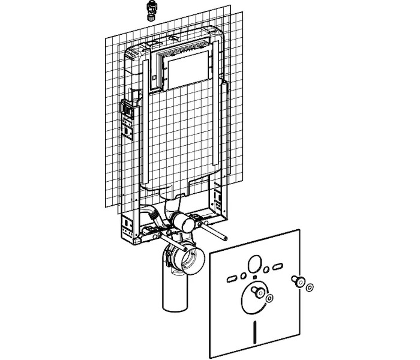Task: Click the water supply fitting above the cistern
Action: click(x=149, y=10)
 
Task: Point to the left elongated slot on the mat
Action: click(x=230, y=278)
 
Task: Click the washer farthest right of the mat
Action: click(x=309, y=288)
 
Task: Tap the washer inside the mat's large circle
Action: click(x=269, y=298)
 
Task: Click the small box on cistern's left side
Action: click(x=127, y=109)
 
